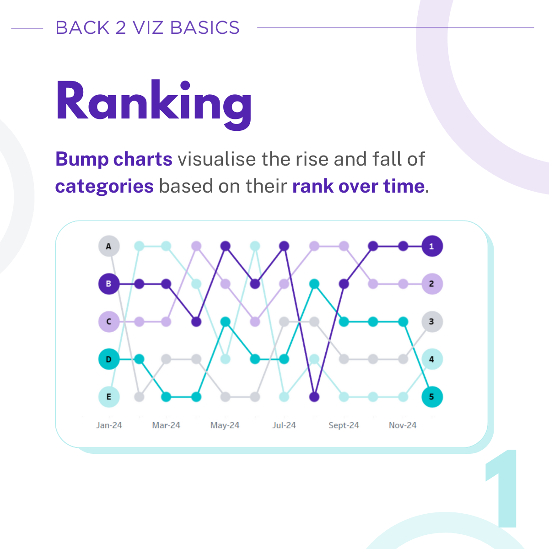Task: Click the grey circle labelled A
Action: (x=109, y=246)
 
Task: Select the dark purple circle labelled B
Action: (x=109, y=284)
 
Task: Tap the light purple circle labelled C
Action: (x=109, y=322)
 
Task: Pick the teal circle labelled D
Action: (x=109, y=359)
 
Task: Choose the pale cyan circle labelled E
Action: (x=109, y=397)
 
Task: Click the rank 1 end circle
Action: (x=431, y=246)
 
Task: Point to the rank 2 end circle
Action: (x=431, y=284)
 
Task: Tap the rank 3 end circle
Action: (x=431, y=322)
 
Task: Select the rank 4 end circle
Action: (x=431, y=359)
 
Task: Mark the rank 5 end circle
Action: (x=431, y=397)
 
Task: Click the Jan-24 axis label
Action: (x=109, y=425)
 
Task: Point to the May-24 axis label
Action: (x=225, y=425)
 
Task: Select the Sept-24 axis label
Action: (x=344, y=425)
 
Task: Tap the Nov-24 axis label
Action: (x=403, y=425)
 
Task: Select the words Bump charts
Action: (x=113, y=159)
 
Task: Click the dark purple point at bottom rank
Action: (x=314, y=397)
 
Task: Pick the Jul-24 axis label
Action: (x=284, y=425)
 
